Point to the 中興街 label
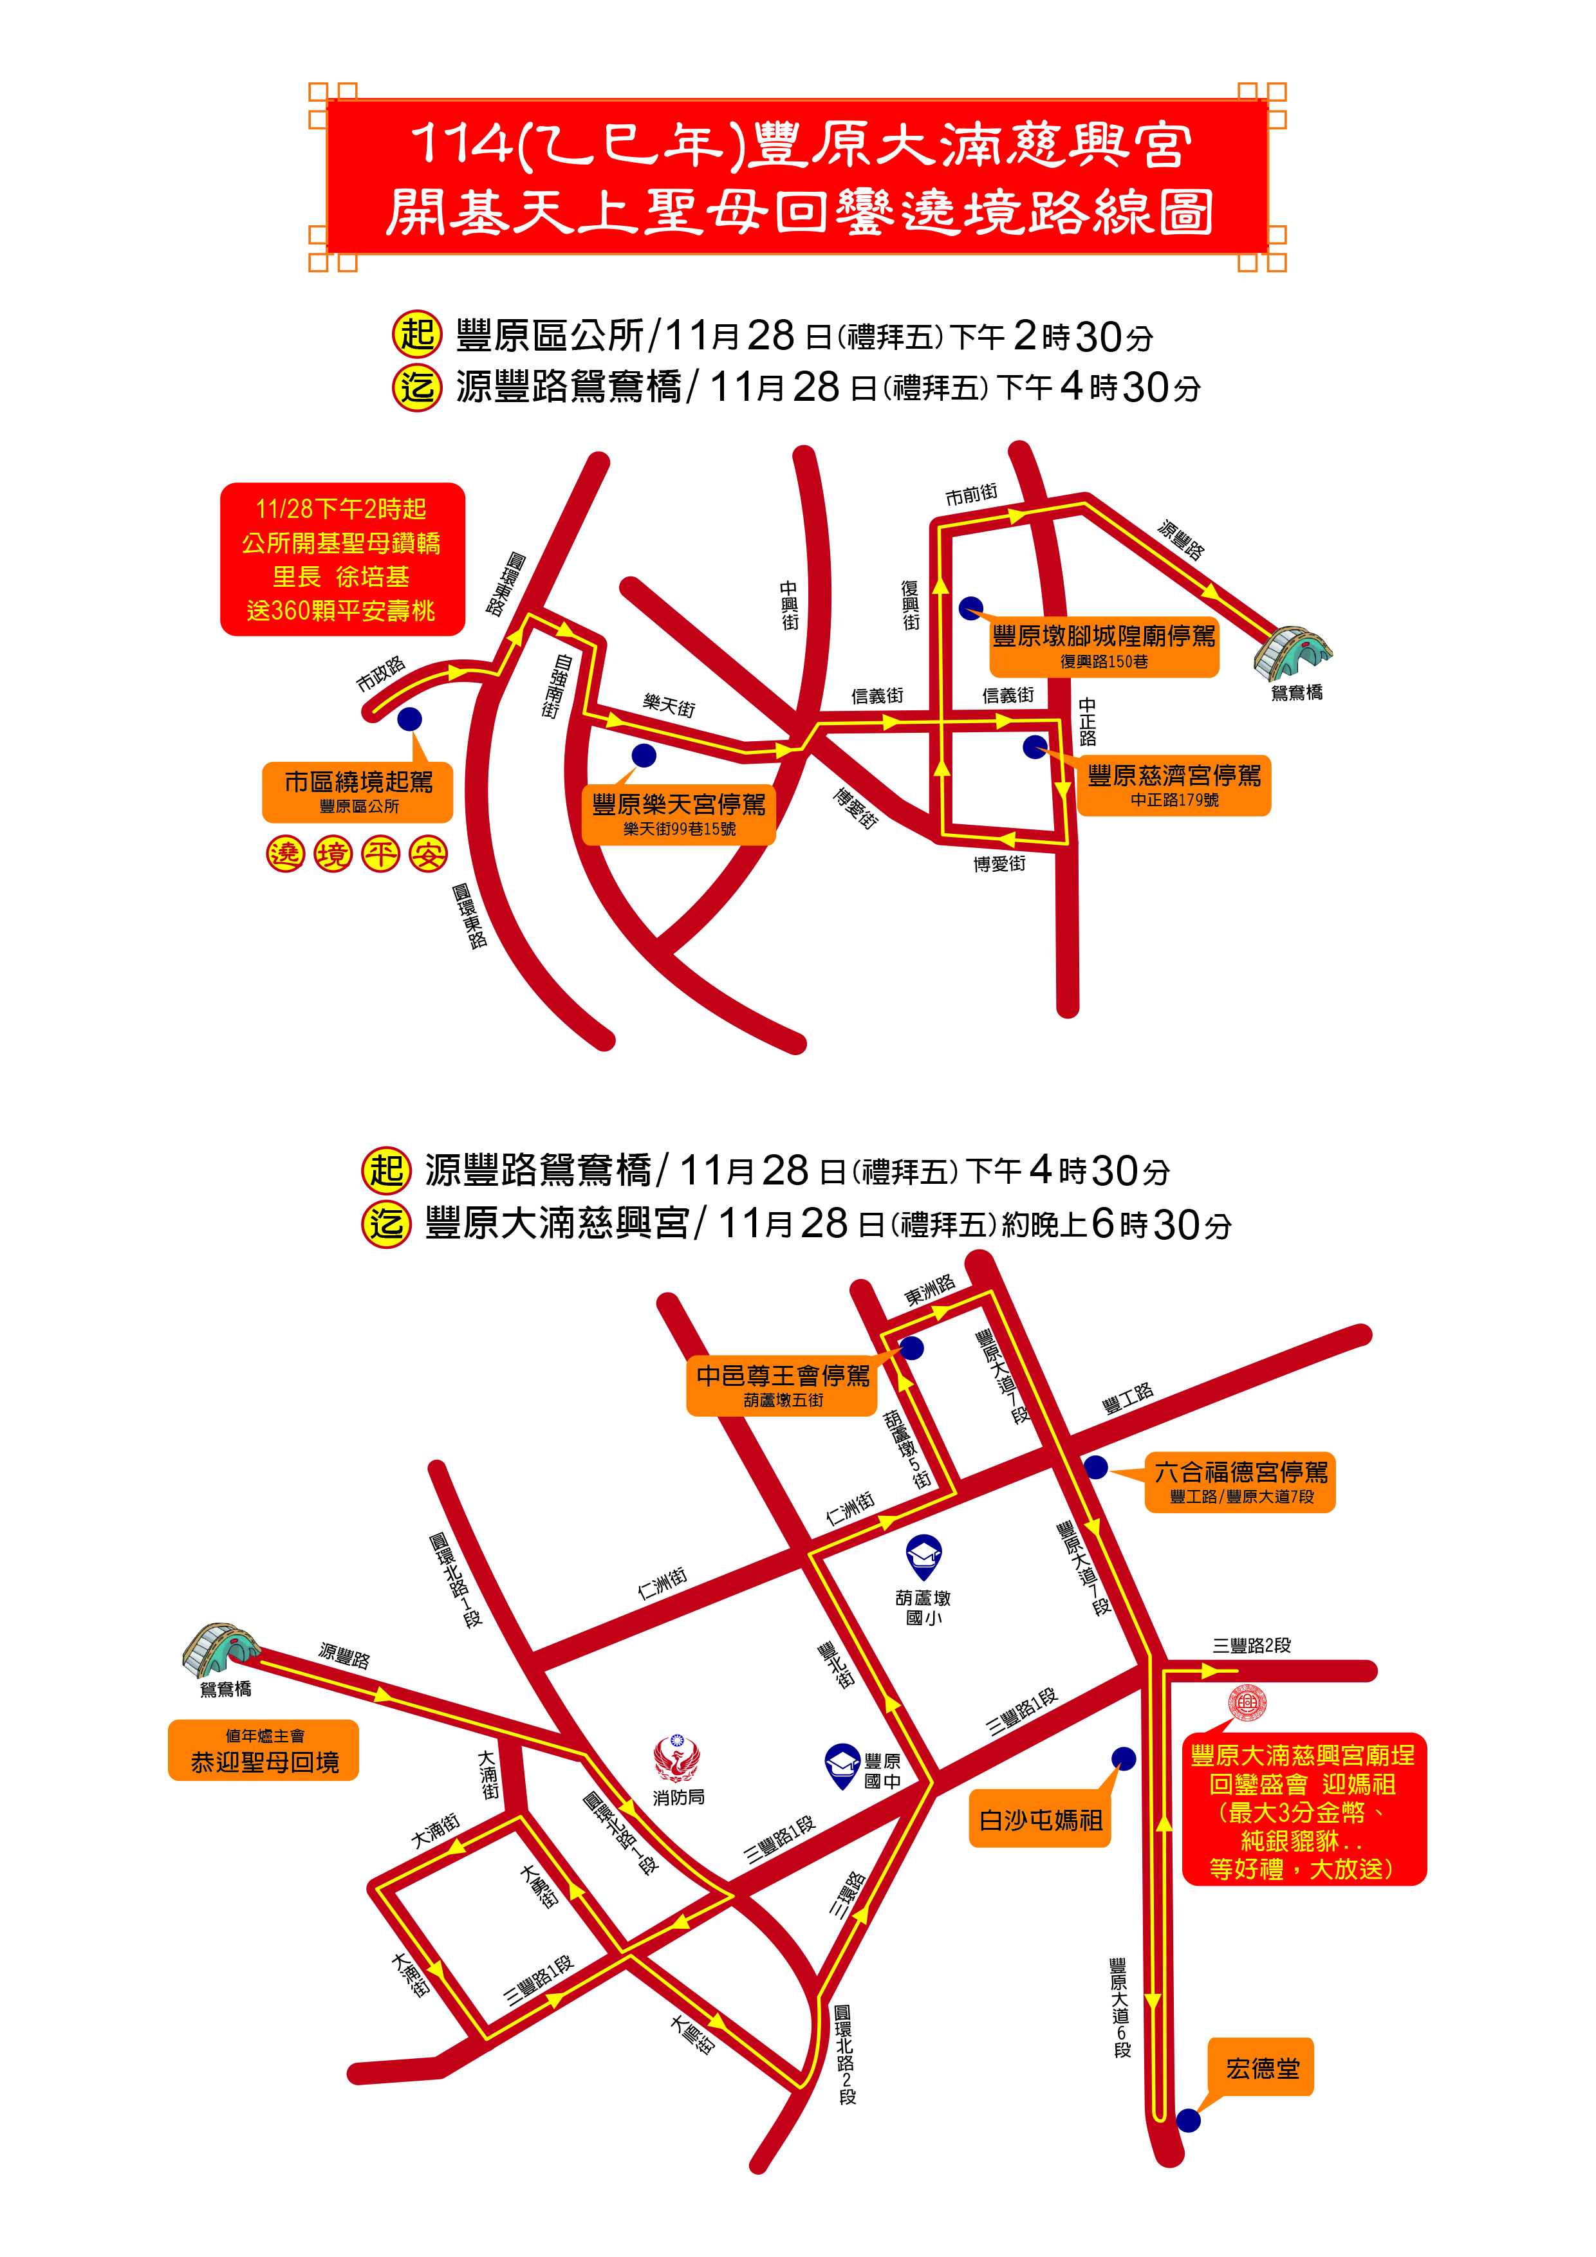790,605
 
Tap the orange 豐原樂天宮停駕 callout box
678,814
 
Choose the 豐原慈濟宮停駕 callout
1173,784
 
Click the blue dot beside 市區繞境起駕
409,719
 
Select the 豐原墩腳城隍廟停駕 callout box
1103,646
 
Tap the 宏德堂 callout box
1261,2069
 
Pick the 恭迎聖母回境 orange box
264,1751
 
